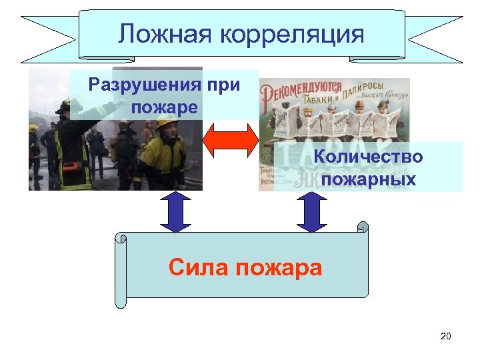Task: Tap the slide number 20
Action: [x=445, y=336]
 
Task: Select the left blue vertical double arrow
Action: [x=176, y=213]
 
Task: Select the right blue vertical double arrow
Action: [x=311, y=213]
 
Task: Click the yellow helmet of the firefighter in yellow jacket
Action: [x=167, y=121]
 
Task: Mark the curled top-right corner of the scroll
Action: [x=362, y=227]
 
